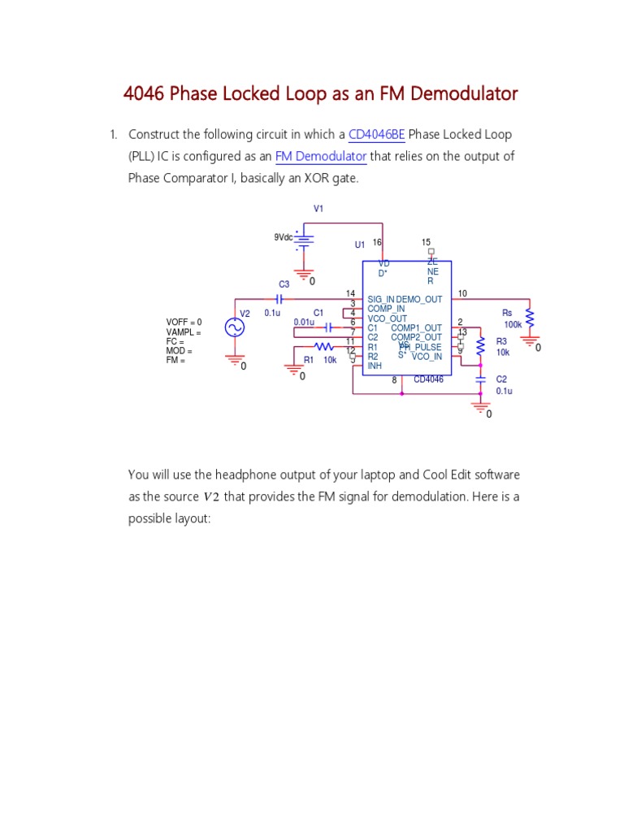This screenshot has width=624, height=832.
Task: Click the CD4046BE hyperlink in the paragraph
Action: [x=376, y=135]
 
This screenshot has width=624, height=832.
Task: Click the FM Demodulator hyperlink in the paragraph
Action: [x=321, y=156]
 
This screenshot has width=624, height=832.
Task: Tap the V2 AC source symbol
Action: [x=235, y=327]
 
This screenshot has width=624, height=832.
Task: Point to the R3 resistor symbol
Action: [x=480, y=346]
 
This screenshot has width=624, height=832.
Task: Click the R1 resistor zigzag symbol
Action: [x=323, y=346]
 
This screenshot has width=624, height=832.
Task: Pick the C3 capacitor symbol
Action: [x=279, y=299]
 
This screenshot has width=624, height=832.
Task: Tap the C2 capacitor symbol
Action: [x=480, y=379]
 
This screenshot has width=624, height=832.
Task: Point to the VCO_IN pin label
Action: [x=427, y=357]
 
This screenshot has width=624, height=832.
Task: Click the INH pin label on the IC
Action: [x=375, y=366]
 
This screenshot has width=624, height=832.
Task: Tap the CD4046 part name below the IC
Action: [x=428, y=379]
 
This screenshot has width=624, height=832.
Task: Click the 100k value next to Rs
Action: [x=513, y=324]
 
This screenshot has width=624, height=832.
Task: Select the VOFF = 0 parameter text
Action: [x=184, y=323]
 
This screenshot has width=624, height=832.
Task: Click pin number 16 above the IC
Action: [x=377, y=242]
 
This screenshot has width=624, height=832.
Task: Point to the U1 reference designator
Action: [x=359, y=245]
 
